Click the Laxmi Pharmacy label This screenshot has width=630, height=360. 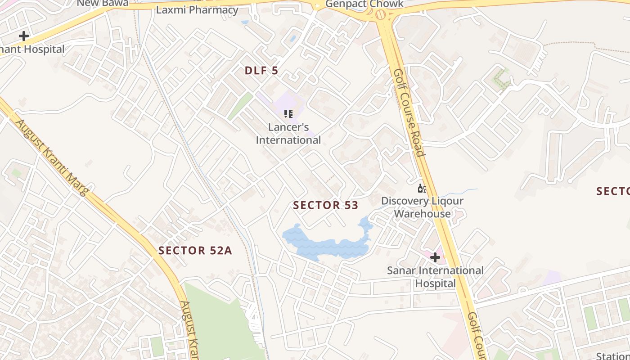click(x=197, y=10)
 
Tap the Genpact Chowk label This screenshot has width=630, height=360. click(x=364, y=4)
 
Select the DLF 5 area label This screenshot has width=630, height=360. click(x=261, y=71)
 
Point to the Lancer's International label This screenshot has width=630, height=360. click(x=288, y=134)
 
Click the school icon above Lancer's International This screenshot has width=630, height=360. click(x=288, y=113)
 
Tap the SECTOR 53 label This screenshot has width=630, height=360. click(x=325, y=206)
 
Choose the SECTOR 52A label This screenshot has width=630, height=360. click(x=195, y=251)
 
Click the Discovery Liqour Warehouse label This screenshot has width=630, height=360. click(x=422, y=207)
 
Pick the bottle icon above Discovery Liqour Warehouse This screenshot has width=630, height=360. click(x=422, y=188)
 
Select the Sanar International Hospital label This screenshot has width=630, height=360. click(x=435, y=277)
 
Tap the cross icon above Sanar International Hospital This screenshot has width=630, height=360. click(x=435, y=257)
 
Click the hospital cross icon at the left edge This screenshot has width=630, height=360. click(x=24, y=36)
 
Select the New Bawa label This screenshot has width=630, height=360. click(x=103, y=3)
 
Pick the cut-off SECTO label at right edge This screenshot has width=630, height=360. click(x=613, y=191)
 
